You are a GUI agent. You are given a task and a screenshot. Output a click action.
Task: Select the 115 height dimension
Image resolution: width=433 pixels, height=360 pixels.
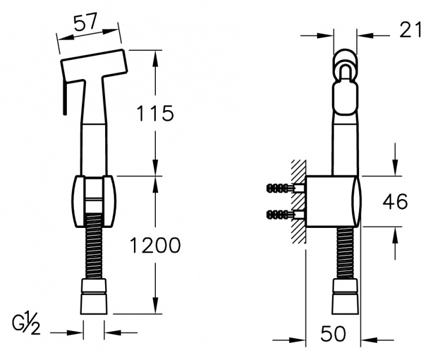(x=155, y=113)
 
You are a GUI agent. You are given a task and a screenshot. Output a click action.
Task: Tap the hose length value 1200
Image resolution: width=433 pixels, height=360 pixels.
(x=155, y=245)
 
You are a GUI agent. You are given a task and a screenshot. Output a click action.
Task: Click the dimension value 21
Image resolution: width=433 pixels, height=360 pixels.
(x=411, y=30)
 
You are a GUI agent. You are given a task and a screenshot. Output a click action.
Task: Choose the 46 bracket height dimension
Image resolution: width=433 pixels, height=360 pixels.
(x=395, y=201)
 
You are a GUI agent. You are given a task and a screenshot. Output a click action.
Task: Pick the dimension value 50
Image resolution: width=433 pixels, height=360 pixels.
(x=333, y=333)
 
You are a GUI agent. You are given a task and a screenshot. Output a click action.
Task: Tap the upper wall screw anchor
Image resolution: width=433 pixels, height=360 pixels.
(x=286, y=189)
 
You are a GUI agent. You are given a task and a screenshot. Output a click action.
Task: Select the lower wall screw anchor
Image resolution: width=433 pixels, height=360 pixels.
(x=286, y=214)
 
